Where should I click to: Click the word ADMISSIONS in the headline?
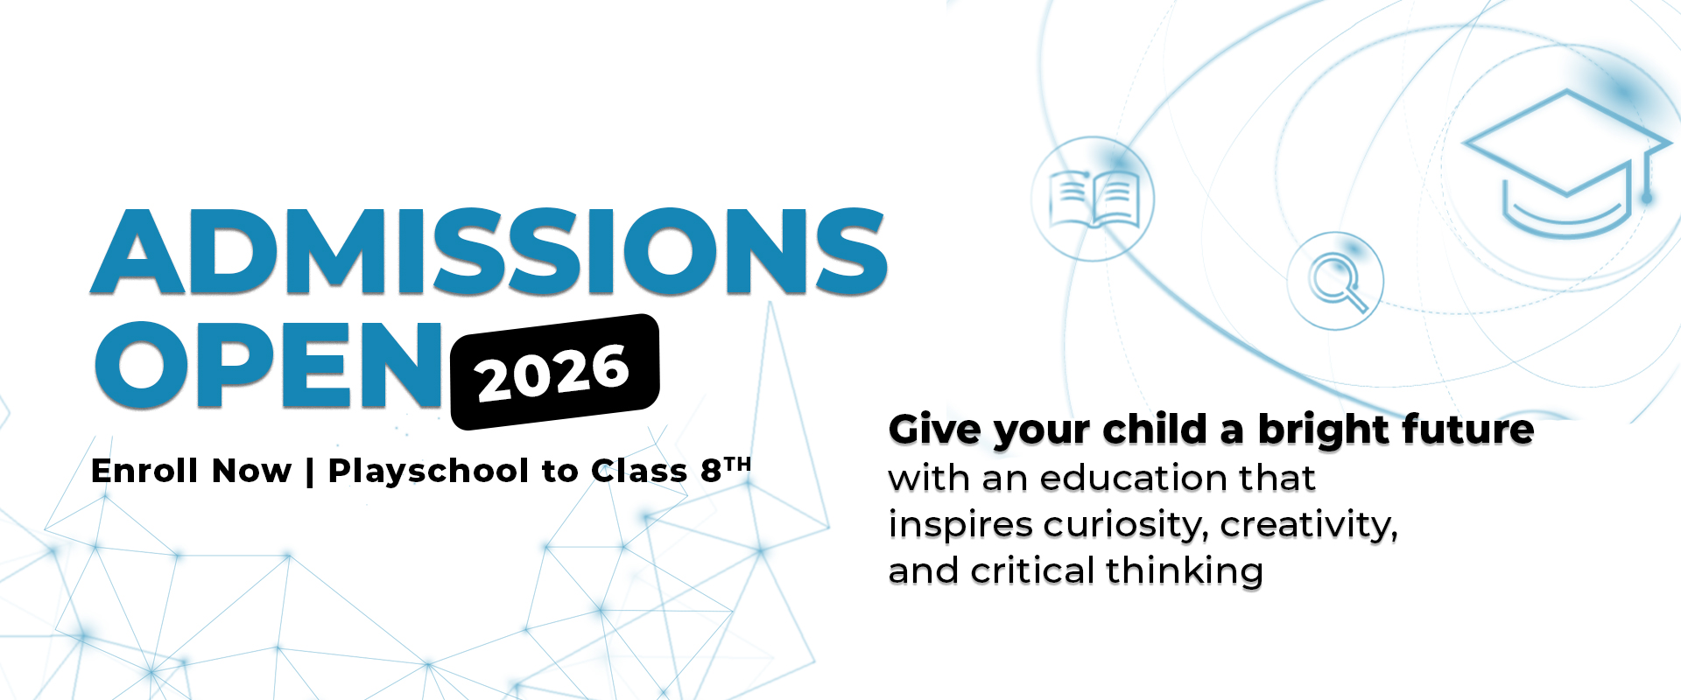489,251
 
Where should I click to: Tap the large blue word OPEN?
269,365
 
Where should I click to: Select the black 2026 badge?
554,372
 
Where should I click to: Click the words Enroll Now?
191,471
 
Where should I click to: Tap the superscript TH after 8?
738,465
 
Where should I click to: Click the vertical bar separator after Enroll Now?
310,472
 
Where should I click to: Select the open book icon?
1094,199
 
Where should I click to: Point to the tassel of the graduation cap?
1647,175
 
